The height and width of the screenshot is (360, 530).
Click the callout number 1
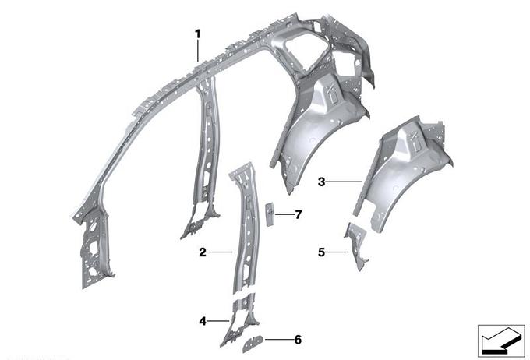(x=198, y=34)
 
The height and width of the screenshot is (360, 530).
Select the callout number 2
(x=203, y=252)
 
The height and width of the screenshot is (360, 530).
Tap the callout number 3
(x=321, y=182)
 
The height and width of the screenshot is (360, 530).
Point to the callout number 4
(x=203, y=321)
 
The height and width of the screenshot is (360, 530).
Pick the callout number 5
(x=321, y=252)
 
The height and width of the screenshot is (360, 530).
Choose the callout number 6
(x=298, y=340)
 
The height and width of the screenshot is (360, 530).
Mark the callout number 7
(x=298, y=214)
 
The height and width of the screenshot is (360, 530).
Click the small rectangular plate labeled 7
(x=270, y=214)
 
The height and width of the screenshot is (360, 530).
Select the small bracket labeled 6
(x=253, y=344)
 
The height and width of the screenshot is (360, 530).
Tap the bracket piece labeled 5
(x=357, y=245)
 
